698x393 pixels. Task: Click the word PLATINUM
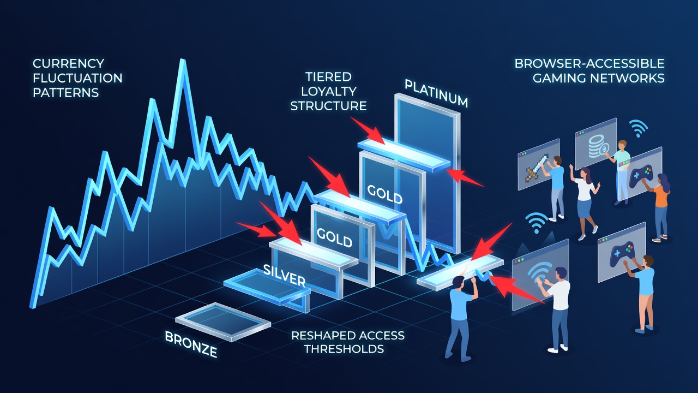click(436, 93)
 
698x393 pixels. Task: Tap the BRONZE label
click(191, 344)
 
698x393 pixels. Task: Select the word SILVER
click(284, 276)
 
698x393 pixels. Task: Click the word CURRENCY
click(68, 64)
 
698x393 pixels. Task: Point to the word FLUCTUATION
click(77, 78)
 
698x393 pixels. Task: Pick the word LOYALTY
click(328, 91)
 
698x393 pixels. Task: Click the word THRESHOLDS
click(344, 349)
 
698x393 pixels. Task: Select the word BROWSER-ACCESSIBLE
click(589, 64)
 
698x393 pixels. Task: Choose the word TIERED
click(328, 77)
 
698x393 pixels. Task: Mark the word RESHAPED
click(320, 336)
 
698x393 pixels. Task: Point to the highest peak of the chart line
click(183, 61)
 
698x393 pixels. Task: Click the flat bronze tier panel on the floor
click(223, 321)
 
